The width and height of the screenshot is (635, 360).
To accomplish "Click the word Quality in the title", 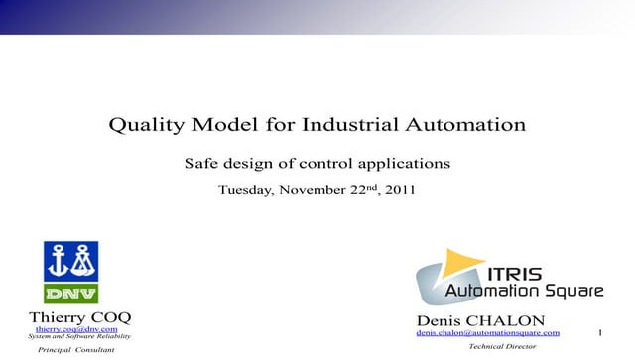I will pyautogui.click(x=144, y=126).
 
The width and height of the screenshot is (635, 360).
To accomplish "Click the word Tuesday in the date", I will pyautogui.click(x=249, y=189).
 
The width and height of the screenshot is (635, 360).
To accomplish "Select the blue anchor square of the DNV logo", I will pyautogui.click(x=70, y=261).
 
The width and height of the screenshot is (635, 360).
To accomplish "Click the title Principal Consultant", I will pyautogui.click(x=76, y=350).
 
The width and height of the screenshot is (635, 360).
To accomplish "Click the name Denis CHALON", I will pyautogui.click(x=480, y=321).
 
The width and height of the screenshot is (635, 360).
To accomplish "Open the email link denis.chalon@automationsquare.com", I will pyautogui.click(x=487, y=333).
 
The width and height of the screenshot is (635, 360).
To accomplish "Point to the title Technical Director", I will pyautogui.click(x=502, y=347).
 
